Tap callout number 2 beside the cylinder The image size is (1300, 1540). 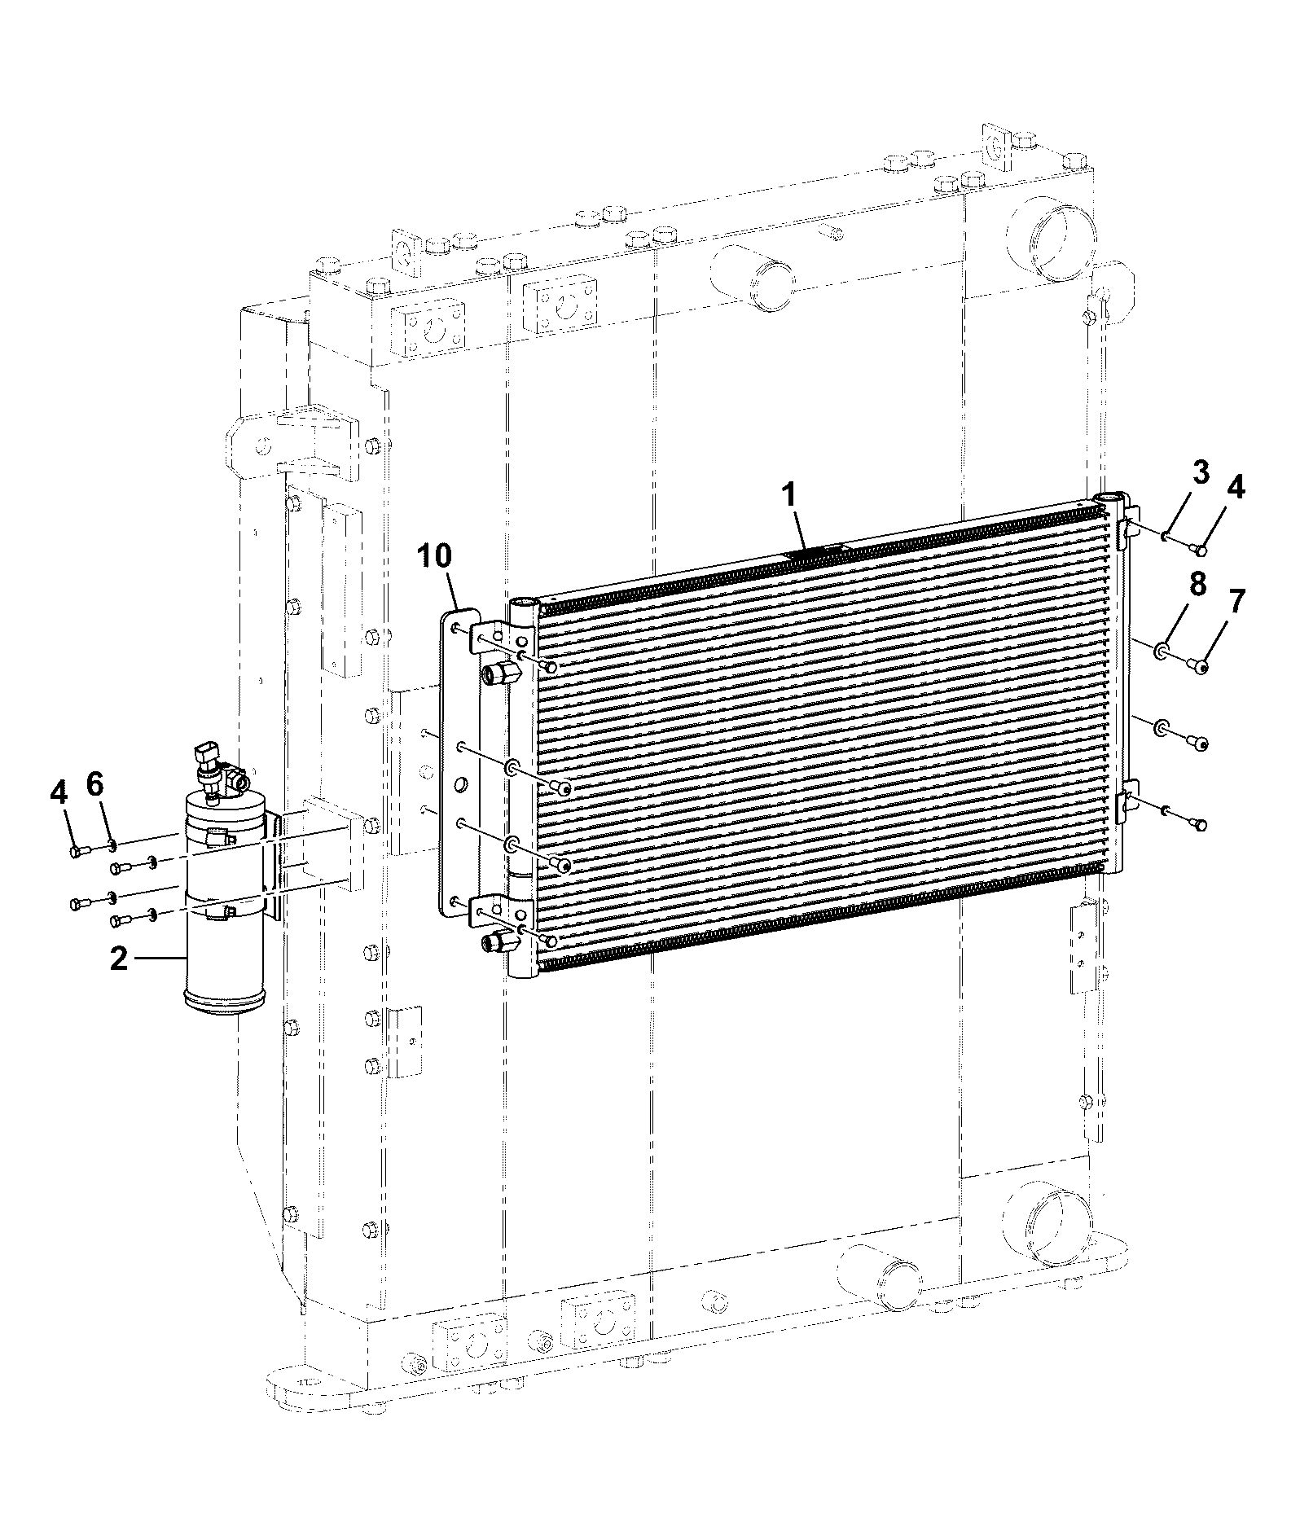pos(119,959)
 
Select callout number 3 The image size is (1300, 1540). pos(1201,473)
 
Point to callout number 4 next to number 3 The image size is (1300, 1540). pos(1235,488)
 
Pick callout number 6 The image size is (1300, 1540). pos(95,785)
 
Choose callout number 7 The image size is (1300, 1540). pos(1236,602)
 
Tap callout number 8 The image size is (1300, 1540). pos(1197,585)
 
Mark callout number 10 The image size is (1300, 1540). pos(433,556)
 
